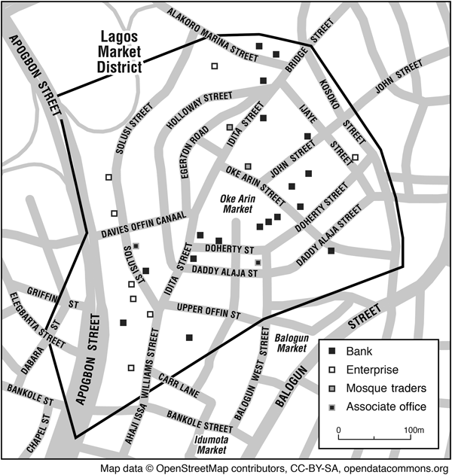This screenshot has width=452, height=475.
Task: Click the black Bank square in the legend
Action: coord(331,352)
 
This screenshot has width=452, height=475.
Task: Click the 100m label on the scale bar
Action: coord(414,430)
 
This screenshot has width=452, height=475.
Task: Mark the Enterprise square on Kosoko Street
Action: coord(356,158)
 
